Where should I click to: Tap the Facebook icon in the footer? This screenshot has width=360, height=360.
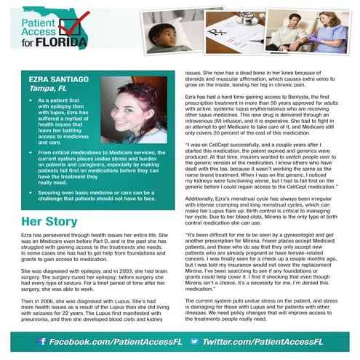41,340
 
